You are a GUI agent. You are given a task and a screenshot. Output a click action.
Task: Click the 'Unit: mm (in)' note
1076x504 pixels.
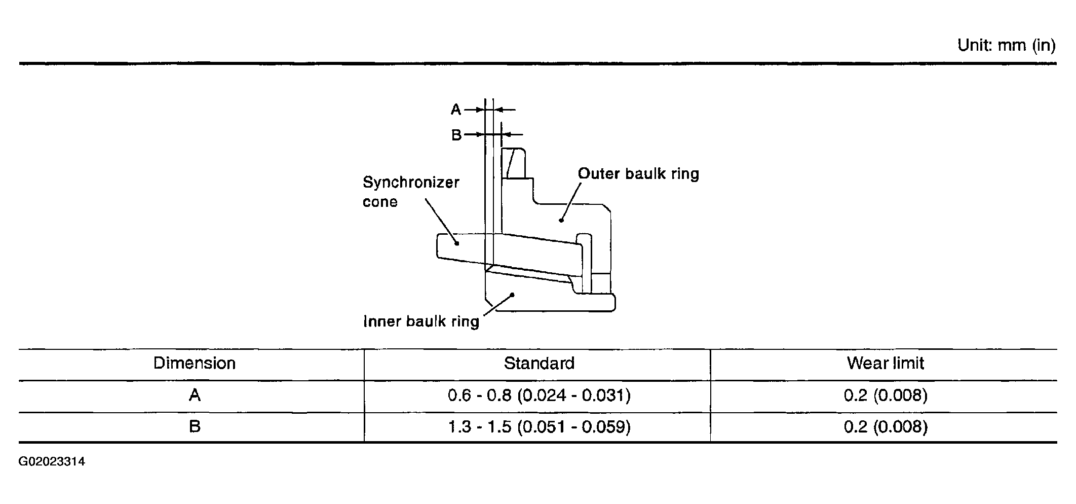click(1006, 46)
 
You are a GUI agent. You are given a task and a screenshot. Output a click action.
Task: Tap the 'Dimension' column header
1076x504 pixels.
click(195, 363)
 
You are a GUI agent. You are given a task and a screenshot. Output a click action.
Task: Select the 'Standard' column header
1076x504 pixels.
click(539, 363)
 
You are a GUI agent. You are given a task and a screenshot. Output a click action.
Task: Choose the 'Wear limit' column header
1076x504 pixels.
click(886, 363)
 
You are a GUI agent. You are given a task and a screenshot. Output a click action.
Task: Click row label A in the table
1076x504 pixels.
click(195, 395)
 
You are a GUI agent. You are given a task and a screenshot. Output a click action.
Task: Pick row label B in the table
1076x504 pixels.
click(195, 426)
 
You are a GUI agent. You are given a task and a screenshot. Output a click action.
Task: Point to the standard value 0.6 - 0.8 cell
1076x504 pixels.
click(539, 395)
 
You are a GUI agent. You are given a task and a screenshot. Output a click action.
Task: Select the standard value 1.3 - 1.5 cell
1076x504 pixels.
click(539, 426)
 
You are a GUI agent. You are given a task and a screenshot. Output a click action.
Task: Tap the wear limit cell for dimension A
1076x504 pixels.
click(886, 395)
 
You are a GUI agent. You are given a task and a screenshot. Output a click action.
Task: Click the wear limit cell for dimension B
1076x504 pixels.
click(886, 426)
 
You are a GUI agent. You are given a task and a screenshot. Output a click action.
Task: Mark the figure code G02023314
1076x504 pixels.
click(52, 462)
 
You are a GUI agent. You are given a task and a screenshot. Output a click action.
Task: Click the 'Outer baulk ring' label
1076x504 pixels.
click(638, 174)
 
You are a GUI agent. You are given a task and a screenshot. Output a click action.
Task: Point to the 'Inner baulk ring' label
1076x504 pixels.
click(421, 321)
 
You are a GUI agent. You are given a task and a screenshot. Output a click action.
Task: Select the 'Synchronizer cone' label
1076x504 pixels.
click(411, 192)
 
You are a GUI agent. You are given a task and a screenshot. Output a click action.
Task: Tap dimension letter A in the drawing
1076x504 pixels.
click(456, 110)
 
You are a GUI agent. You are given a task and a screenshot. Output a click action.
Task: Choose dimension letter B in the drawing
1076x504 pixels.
click(456, 135)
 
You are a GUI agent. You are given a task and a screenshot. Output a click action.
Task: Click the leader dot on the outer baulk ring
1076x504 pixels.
click(561, 220)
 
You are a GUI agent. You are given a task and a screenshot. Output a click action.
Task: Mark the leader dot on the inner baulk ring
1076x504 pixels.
click(513, 294)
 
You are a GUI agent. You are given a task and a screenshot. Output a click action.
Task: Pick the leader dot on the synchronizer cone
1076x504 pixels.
click(457, 243)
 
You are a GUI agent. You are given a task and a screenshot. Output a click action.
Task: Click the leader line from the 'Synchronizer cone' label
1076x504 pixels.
click(441, 221)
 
